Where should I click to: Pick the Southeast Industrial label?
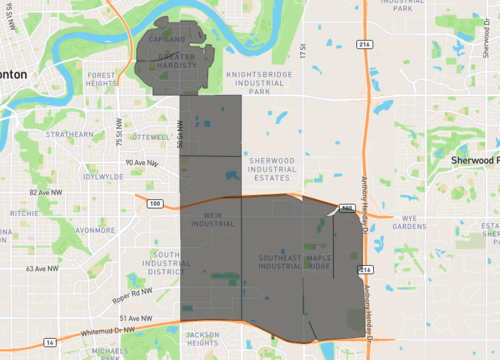point(279,262)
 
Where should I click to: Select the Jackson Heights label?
point(202,339)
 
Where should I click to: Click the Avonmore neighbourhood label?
point(96,229)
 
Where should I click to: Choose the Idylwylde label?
point(104,176)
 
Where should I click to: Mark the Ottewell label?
point(150,136)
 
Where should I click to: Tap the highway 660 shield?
point(346,208)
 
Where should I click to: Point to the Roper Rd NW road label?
point(131,291)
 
